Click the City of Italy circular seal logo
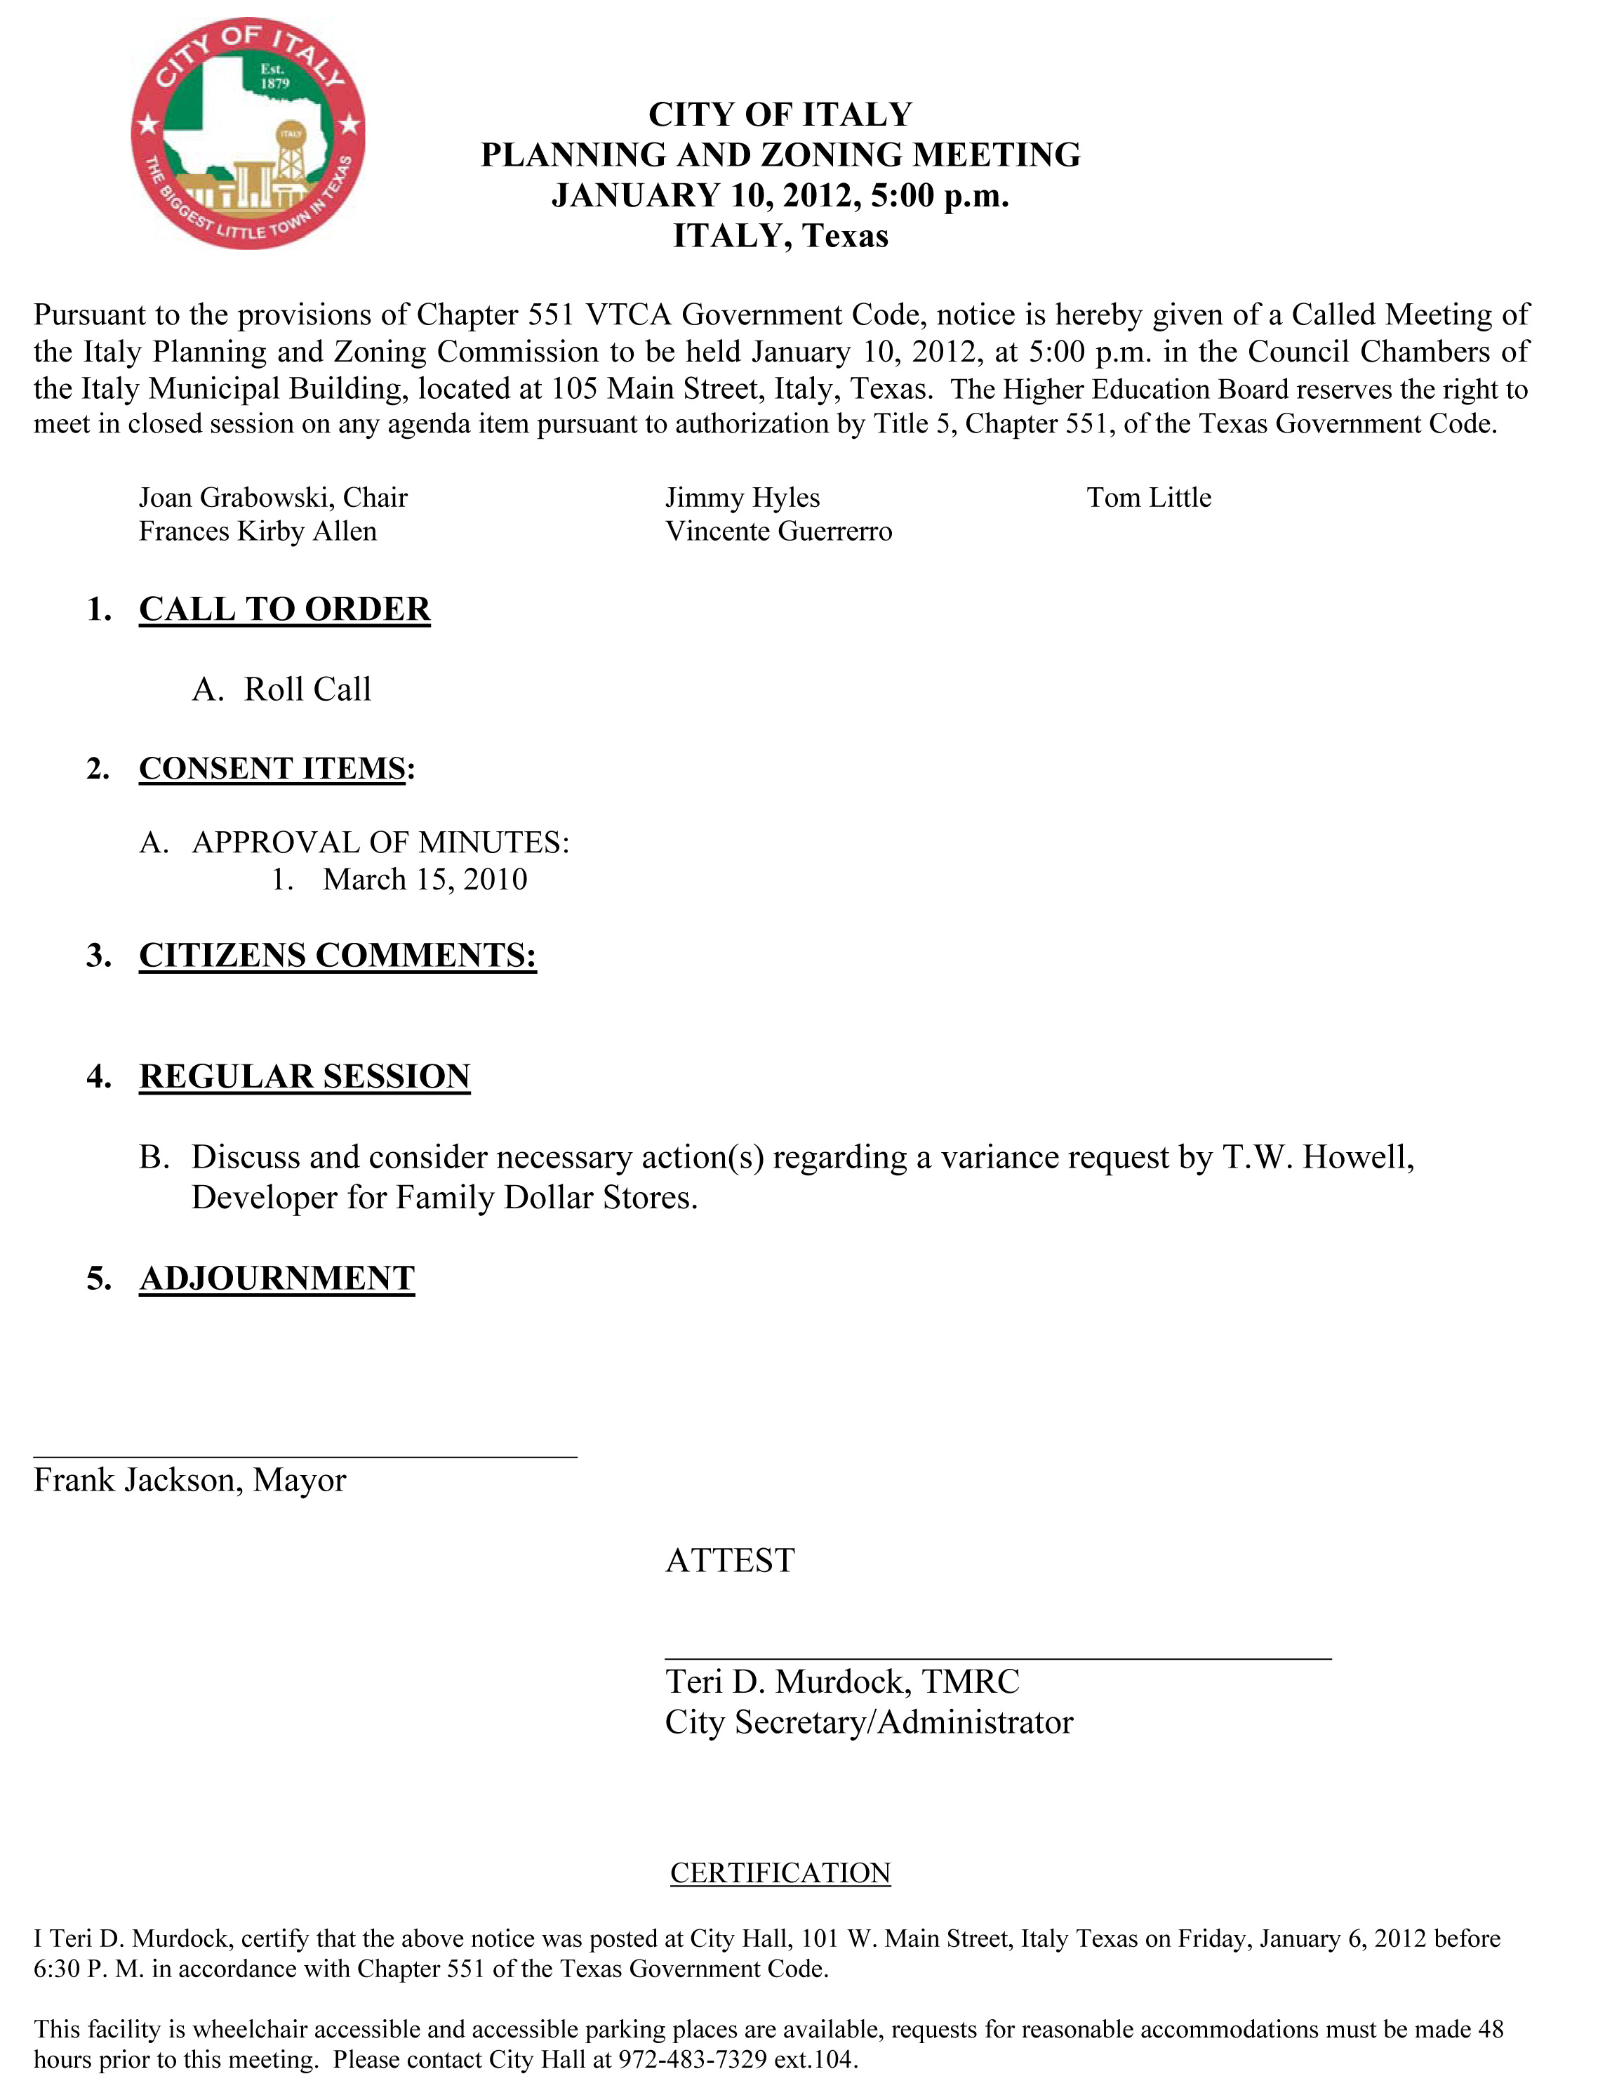tap(248, 133)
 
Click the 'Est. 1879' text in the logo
tap(274, 77)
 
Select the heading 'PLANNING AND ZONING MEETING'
tap(780, 154)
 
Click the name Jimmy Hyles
tap(742, 497)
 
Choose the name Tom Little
tap(1149, 497)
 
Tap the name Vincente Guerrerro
tap(778, 531)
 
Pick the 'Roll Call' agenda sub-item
tap(307, 689)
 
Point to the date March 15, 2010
tap(425, 878)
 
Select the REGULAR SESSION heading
tap(304, 1076)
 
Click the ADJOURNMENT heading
tap(277, 1278)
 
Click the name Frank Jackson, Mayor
tap(189, 1480)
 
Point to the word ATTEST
tap(730, 1561)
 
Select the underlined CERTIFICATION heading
tap(780, 1872)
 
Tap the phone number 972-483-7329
tap(693, 2059)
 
